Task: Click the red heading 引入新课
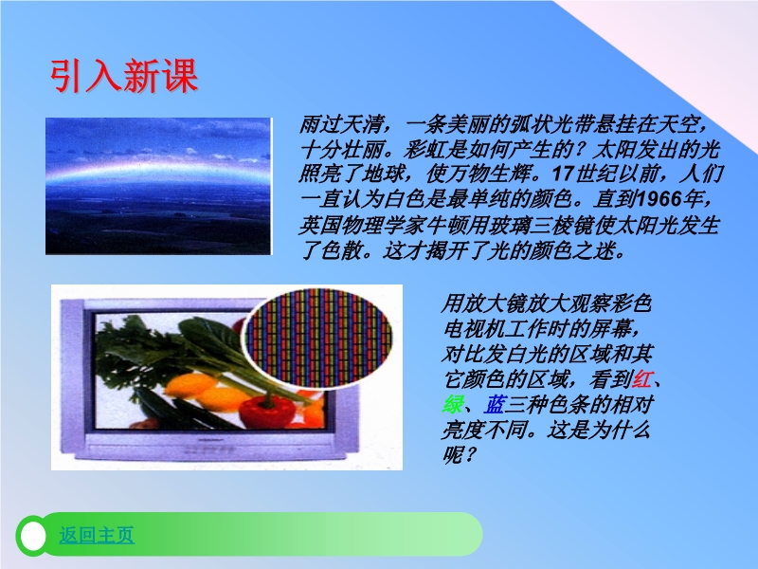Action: click(124, 76)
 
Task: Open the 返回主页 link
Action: click(97, 535)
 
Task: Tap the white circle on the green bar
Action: click(33, 536)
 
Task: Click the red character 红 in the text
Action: click(642, 378)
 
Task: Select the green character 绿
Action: click(453, 404)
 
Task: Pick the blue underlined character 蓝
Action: click(495, 404)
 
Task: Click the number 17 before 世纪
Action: click(562, 174)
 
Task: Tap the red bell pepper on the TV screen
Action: click(265, 413)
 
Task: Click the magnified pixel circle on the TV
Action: click(317, 337)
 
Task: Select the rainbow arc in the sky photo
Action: click(158, 170)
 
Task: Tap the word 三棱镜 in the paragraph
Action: click(563, 225)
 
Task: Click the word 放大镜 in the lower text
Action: click(495, 303)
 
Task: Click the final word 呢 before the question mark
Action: click(453, 454)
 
